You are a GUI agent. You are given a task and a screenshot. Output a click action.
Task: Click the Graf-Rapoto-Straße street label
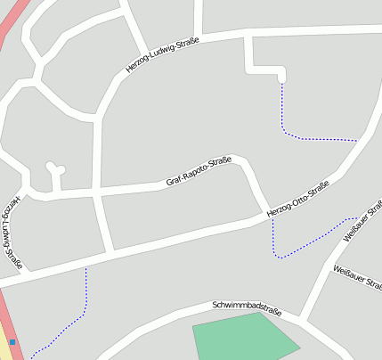tap(199, 172)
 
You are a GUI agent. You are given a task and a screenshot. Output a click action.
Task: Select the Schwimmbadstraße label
tap(247, 309)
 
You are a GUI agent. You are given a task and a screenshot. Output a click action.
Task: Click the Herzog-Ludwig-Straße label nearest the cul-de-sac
tap(163, 55)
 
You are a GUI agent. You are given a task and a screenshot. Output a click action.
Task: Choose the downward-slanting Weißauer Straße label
tap(357, 278)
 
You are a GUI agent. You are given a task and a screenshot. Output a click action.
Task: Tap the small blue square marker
tap(12, 341)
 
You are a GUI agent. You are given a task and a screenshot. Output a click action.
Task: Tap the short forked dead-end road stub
tap(55, 173)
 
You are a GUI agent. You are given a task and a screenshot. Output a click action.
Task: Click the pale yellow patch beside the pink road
tap(5, 343)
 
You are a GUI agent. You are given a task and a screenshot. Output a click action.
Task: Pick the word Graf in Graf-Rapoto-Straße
tap(175, 181)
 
